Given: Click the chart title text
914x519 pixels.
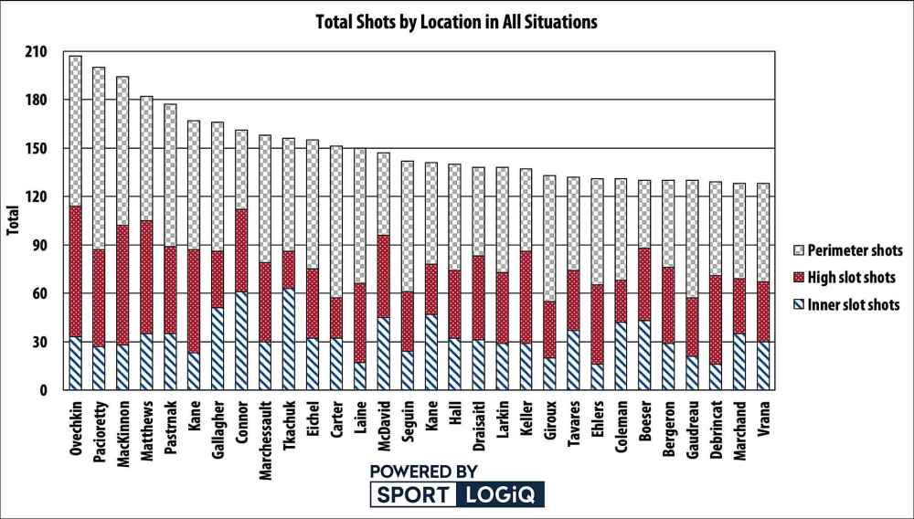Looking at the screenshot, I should [456, 21].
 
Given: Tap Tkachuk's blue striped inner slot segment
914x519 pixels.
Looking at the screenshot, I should [289, 339].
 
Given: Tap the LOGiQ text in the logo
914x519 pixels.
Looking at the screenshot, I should [501, 495].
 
